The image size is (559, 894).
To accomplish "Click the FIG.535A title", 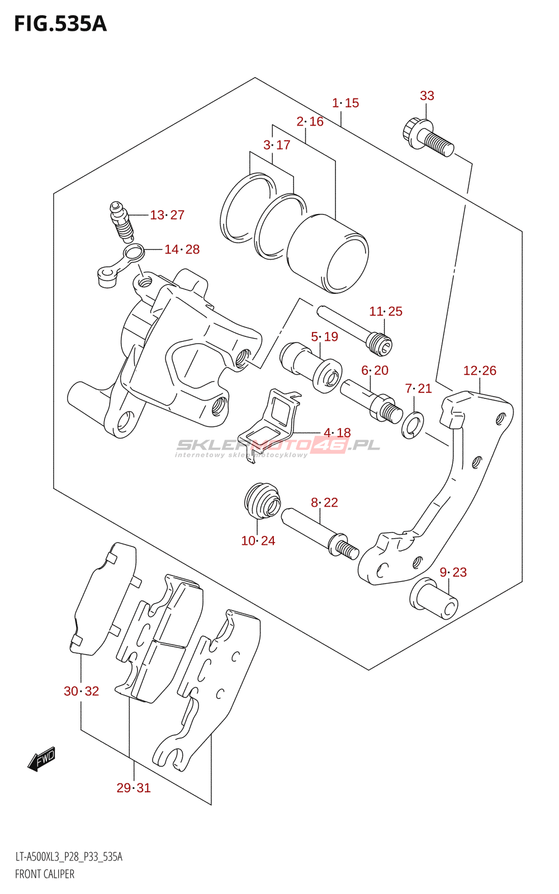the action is (x=60, y=24).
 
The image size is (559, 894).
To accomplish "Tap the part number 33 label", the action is (x=427, y=96).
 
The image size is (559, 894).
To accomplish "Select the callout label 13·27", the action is (x=167, y=215).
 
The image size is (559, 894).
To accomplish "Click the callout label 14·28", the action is (x=182, y=249).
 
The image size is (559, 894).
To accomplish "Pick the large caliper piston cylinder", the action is (x=328, y=254).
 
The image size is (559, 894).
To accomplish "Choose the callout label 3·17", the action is (x=277, y=145).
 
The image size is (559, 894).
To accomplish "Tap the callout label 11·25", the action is (x=386, y=311).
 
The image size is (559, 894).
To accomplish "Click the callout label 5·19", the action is (x=325, y=336).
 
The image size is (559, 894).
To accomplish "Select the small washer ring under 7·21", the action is (x=413, y=425).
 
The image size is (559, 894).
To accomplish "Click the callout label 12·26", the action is (x=480, y=371).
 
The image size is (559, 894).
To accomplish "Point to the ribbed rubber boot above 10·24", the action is (x=262, y=501).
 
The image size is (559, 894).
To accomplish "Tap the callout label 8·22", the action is (x=325, y=502).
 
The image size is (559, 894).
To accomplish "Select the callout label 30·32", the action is (x=82, y=691).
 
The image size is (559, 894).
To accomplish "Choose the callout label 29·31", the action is (x=134, y=788).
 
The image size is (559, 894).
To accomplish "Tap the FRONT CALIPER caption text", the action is (x=45, y=874).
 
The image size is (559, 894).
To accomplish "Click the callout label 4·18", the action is (x=338, y=432).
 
